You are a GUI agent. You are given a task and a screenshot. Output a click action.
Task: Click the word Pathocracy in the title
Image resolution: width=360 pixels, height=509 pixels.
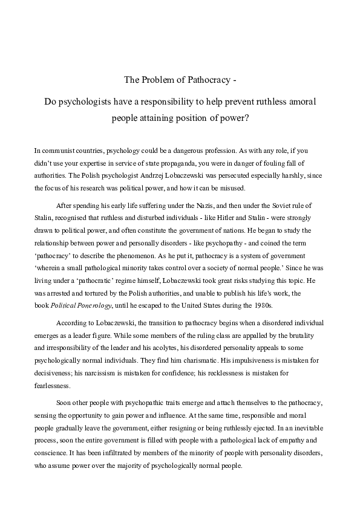coord(204,79)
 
